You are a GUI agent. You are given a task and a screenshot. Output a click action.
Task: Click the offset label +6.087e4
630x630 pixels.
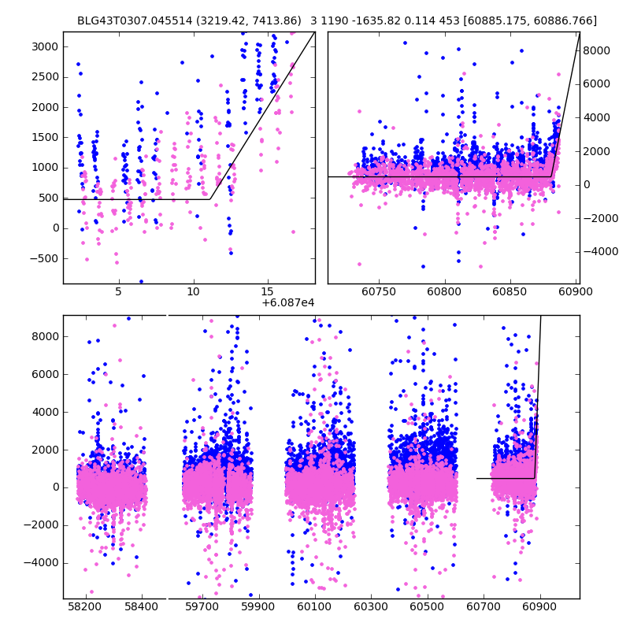[x=287, y=302]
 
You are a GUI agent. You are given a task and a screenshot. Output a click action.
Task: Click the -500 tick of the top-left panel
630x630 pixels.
[x=44, y=258]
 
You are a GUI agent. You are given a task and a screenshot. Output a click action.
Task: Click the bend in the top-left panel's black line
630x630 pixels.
[x=209, y=198]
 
